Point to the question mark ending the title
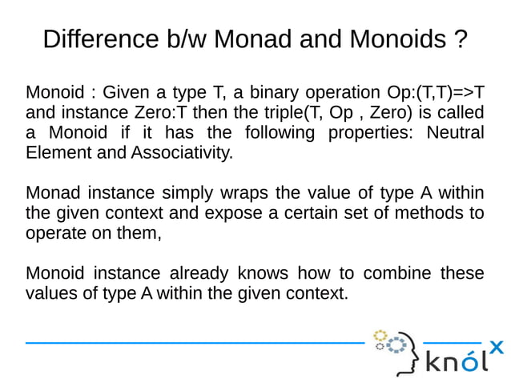(460, 38)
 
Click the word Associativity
(167, 151)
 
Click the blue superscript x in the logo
(497, 347)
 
